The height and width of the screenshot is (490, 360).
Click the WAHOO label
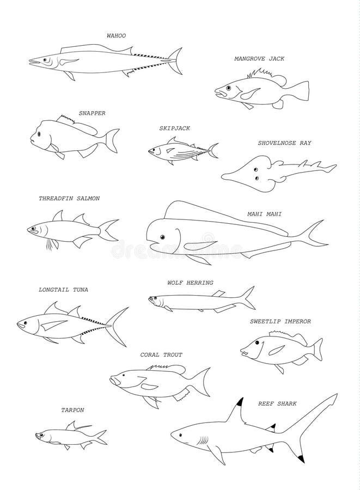[x=116, y=35]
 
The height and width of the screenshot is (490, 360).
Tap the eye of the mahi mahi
[x=162, y=237]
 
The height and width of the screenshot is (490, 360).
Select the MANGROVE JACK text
[x=259, y=58]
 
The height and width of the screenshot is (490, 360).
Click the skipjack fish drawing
[x=181, y=151]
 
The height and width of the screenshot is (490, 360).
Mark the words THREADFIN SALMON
[x=69, y=199]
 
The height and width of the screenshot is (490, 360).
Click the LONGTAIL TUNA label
[x=63, y=290]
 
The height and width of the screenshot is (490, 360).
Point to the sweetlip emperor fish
[x=280, y=348]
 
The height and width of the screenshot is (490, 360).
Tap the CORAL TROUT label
[x=161, y=354]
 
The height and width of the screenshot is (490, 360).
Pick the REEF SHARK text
[x=277, y=403]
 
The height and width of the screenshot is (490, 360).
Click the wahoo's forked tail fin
[x=175, y=61]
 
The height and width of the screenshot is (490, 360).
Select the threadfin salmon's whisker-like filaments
[x=52, y=243]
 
